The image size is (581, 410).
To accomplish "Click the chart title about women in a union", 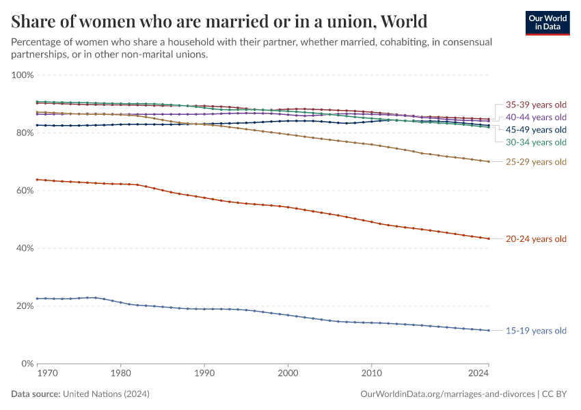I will [x=219, y=20].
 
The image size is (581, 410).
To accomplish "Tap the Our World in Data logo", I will [x=547, y=23].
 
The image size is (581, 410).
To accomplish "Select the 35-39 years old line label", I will [x=536, y=105].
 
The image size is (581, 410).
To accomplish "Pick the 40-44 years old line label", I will [x=536, y=118].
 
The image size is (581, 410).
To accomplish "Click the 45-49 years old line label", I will [x=536, y=130].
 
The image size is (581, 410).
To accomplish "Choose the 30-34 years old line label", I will [x=536, y=142].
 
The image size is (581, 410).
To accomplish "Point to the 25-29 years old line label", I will [x=536, y=162].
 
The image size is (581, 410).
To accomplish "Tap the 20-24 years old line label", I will [x=536, y=239].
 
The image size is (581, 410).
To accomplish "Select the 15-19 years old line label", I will [x=536, y=331].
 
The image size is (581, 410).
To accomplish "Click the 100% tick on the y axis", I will [x=23, y=74].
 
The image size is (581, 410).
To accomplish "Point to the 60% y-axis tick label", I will [x=25, y=191].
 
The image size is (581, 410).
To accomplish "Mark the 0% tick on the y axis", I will [x=27, y=364].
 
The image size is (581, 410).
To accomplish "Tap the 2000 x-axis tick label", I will [x=288, y=374].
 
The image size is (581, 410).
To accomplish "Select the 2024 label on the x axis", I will [x=478, y=374].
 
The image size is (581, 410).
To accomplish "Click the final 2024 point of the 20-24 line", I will [x=489, y=238].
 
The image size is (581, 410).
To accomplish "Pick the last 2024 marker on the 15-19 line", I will [x=489, y=331].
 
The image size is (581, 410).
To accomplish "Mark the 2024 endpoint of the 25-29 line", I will [x=489, y=162].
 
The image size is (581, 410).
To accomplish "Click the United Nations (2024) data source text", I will [x=106, y=394].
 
